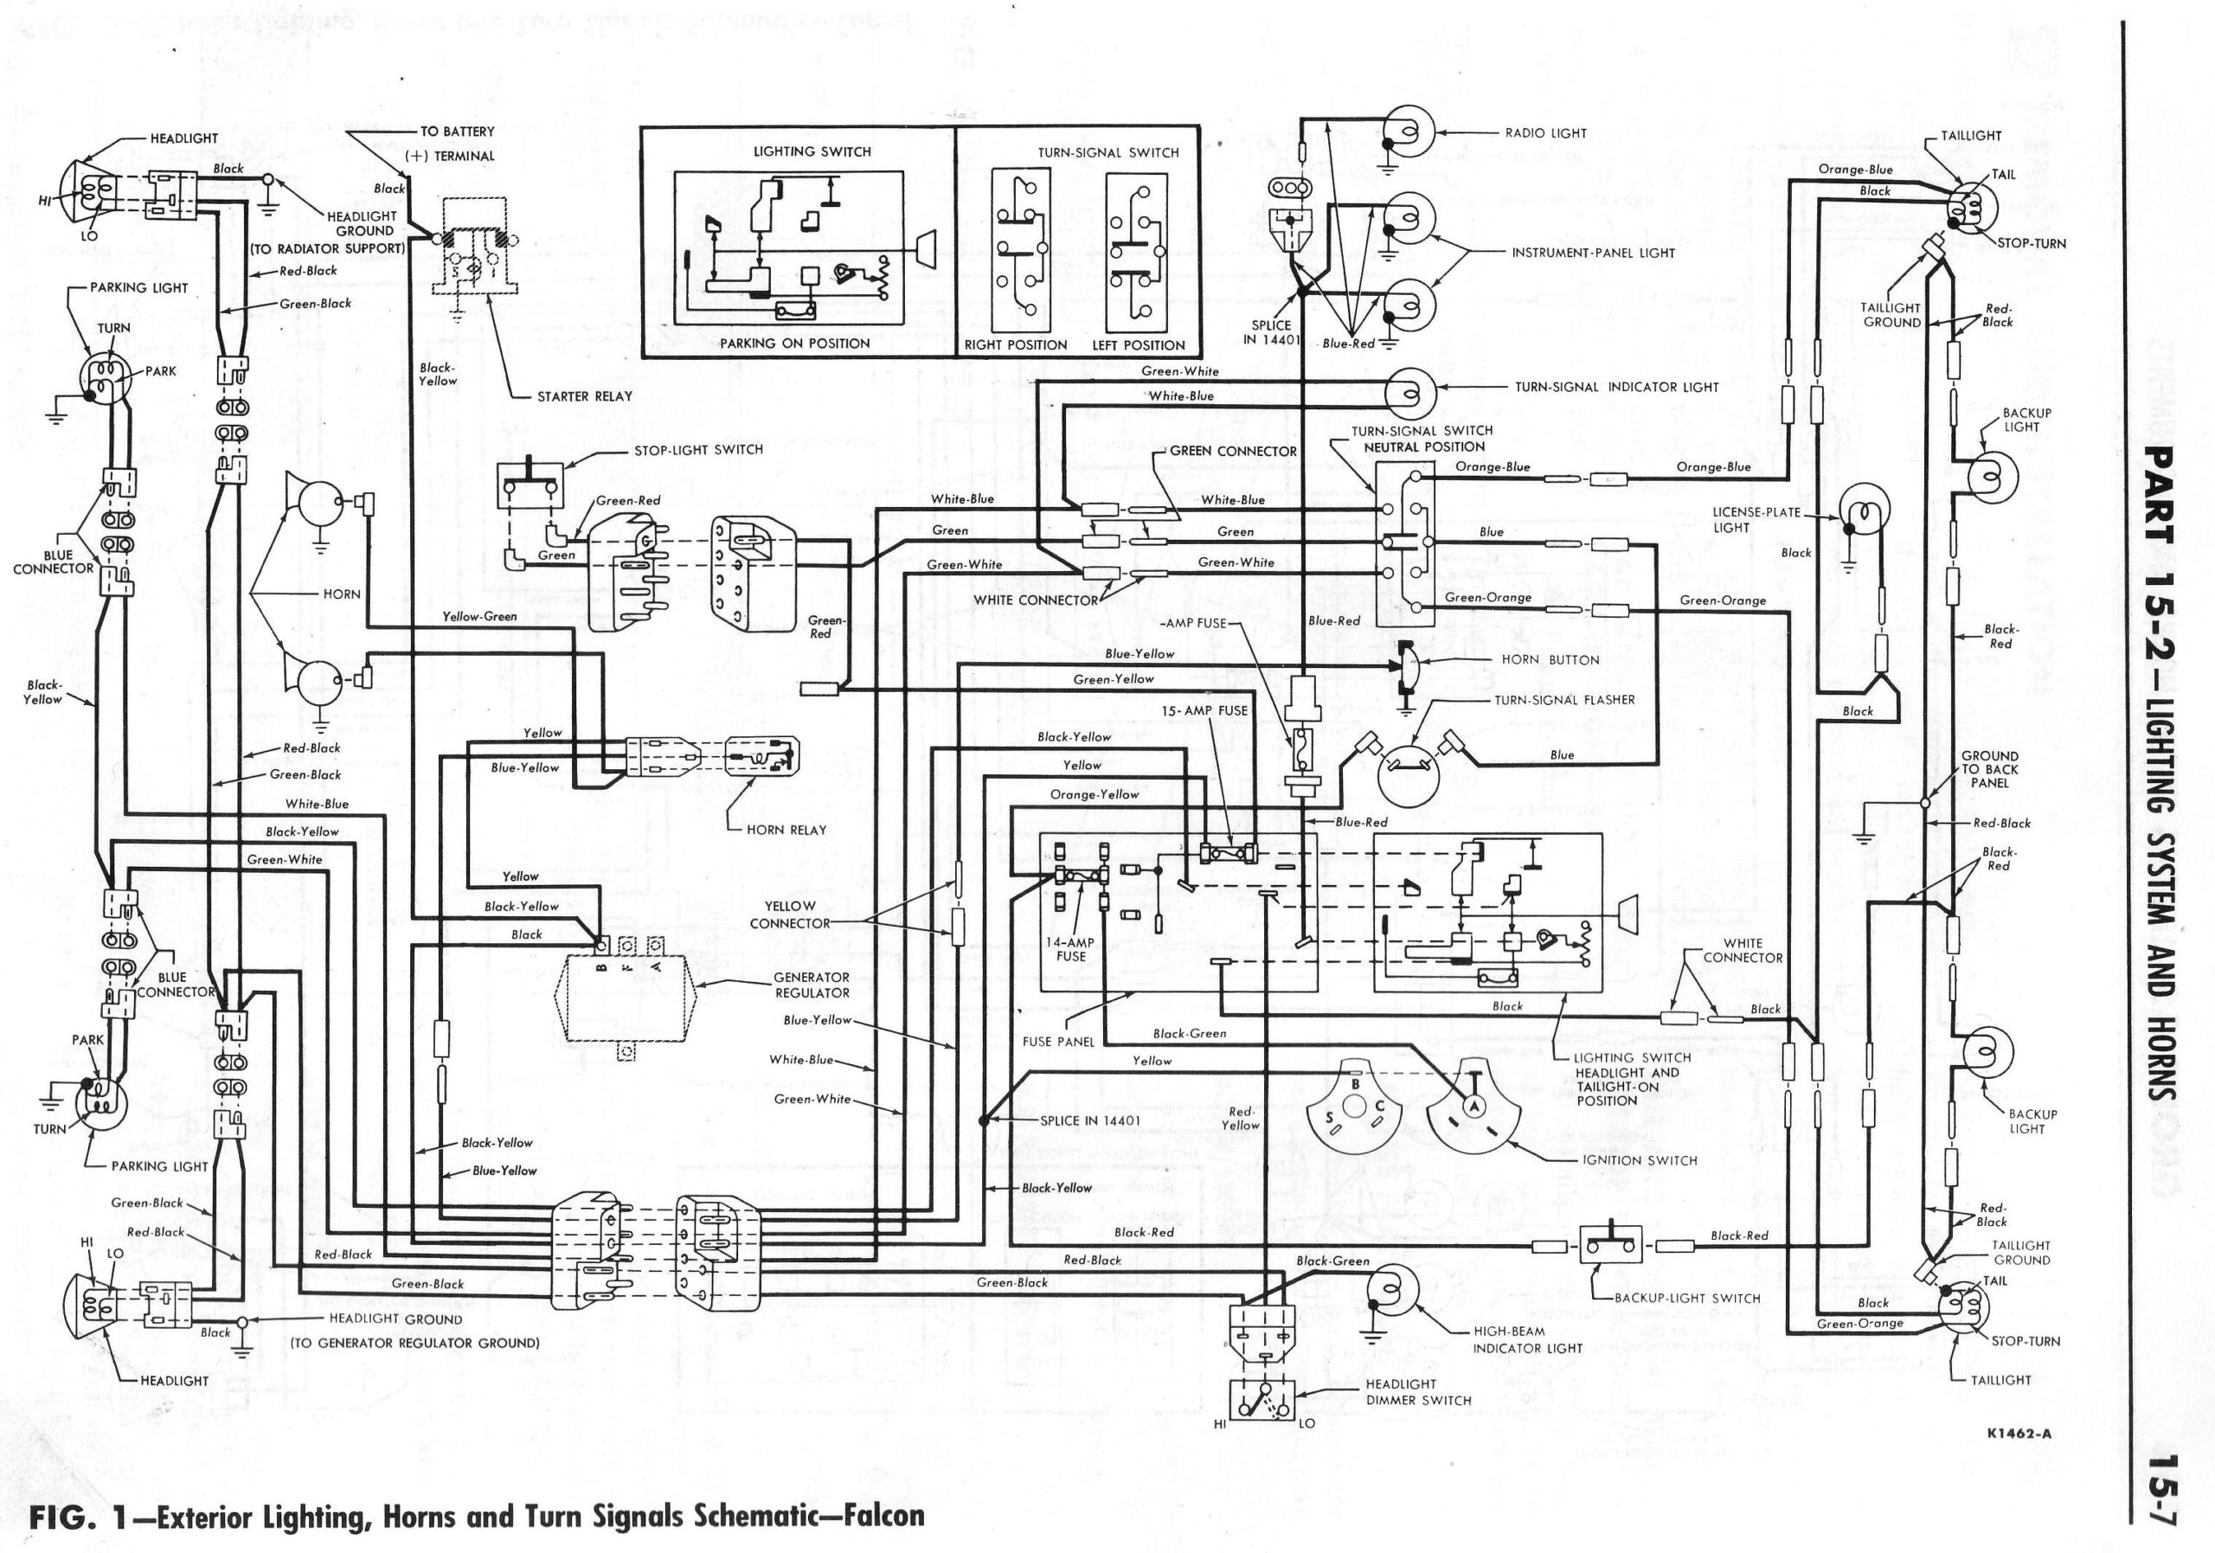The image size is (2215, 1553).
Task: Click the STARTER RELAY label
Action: click(x=585, y=396)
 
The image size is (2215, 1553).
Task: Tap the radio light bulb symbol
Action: click(x=1409, y=134)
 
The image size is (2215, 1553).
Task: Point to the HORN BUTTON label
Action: click(x=1550, y=660)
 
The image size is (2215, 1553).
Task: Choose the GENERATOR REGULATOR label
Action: click(x=812, y=985)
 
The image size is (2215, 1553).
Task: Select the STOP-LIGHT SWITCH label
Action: click(x=698, y=450)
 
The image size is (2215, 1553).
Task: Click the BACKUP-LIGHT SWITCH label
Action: click(x=1687, y=1299)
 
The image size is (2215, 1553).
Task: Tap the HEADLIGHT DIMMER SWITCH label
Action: click(x=1418, y=1392)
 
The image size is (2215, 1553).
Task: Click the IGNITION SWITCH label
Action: click(x=1639, y=1160)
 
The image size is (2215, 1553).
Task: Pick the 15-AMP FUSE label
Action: click(x=1204, y=711)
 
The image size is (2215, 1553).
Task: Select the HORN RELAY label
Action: click(x=786, y=830)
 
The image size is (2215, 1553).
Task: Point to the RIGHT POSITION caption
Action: click(x=1016, y=345)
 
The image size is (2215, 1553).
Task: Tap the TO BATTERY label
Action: click(x=458, y=132)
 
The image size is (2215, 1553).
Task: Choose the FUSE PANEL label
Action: click(x=1058, y=1042)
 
